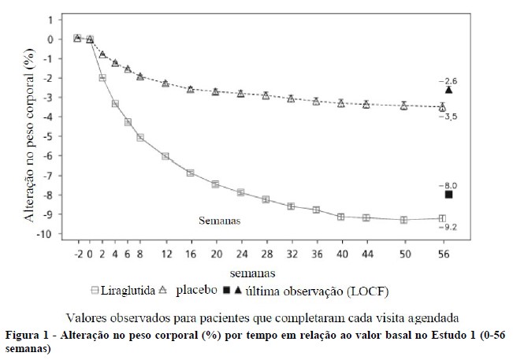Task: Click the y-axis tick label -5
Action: pyautogui.click(x=49, y=136)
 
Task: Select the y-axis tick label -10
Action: pyautogui.click(x=46, y=234)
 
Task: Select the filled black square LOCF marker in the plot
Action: pyautogui.click(x=448, y=195)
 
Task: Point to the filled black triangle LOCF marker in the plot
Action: pyautogui.click(x=448, y=90)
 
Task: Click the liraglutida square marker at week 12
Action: pyautogui.click(x=165, y=157)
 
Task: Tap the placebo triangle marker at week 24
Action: pyautogui.click(x=240, y=94)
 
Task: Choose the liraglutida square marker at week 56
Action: pyautogui.click(x=442, y=218)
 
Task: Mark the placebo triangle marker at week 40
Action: pyautogui.click(x=341, y=103)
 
